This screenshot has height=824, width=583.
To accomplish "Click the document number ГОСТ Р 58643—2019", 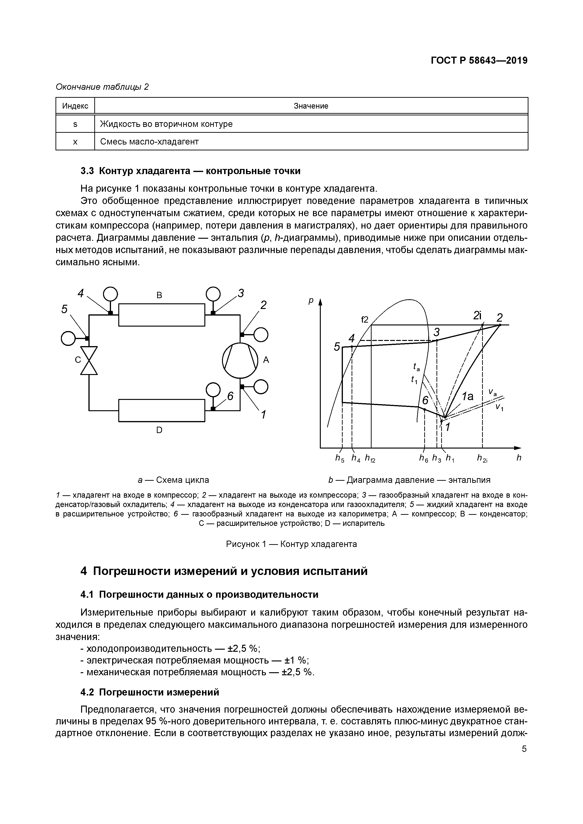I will click(479, 61).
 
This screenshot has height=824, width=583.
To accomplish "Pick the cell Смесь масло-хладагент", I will click(149, 142).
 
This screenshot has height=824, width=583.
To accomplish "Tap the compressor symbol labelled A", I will click(240, 361).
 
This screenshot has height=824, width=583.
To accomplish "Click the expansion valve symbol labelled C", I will click(89, 361).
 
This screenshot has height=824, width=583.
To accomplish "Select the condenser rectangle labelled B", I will click(162, 315).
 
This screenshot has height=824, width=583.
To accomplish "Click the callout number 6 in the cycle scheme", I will click(230, 396).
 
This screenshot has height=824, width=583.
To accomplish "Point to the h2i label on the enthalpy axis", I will click(482, 458).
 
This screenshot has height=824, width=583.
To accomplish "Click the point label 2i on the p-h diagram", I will click(477, 316).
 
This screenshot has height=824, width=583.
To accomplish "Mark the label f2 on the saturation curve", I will click(365, 319).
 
